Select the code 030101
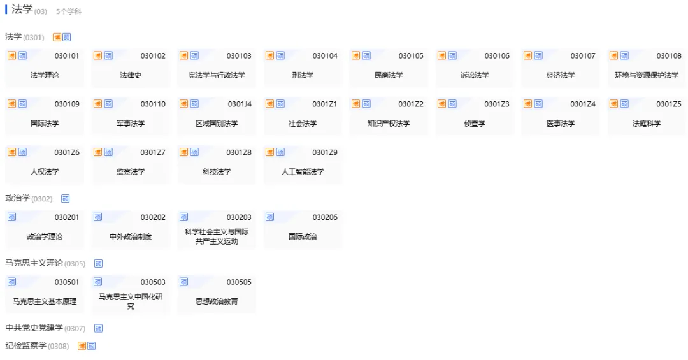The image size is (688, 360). pos(67,56)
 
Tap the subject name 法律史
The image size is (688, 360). pos(131,75)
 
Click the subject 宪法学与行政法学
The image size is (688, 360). pos(217,75)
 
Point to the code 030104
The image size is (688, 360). pos(325,56)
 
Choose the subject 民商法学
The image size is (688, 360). pos(389,75)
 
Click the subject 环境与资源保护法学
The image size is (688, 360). pos(647,75)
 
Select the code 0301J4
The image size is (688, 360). pos(240,104)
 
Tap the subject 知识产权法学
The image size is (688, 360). pos(389,124)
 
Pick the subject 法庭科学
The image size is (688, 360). pos(647,124)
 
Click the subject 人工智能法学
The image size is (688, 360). pos(303,172)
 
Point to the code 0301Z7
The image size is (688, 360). pos(153,153)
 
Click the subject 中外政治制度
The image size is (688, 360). pos(131,236)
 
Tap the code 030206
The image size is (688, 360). pos(325,217)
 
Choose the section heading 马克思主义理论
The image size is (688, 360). pos(34,263)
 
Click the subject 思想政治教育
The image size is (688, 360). pos(217,301)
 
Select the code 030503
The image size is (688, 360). pos(153,282)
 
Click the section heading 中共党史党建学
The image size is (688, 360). pos(34,328)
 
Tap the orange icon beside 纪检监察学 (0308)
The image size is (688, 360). pos(82,346)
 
